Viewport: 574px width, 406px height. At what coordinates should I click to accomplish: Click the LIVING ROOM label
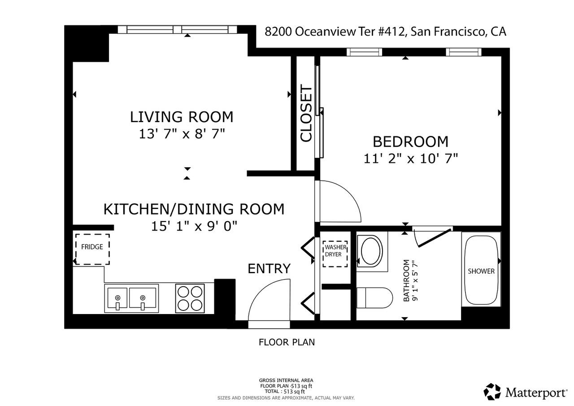[182, 117]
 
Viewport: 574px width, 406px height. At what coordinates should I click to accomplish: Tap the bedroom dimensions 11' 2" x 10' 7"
[410, 158]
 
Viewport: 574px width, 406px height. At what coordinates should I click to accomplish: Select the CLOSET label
[306, 114]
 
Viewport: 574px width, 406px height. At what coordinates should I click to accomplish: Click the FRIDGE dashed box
[92, 249]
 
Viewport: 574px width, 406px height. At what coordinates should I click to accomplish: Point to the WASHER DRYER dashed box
[335, 254]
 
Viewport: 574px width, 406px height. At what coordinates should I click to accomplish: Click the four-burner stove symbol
[189, 298]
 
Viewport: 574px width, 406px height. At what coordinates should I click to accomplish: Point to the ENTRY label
[269, 268]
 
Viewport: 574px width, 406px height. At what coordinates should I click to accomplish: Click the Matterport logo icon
[492, 392]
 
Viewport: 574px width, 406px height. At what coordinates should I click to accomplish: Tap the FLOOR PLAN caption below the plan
[287, 342]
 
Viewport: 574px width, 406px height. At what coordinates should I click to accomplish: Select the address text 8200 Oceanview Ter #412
[334, 32]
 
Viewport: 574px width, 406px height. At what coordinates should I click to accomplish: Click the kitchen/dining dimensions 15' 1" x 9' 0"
[194, 226]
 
